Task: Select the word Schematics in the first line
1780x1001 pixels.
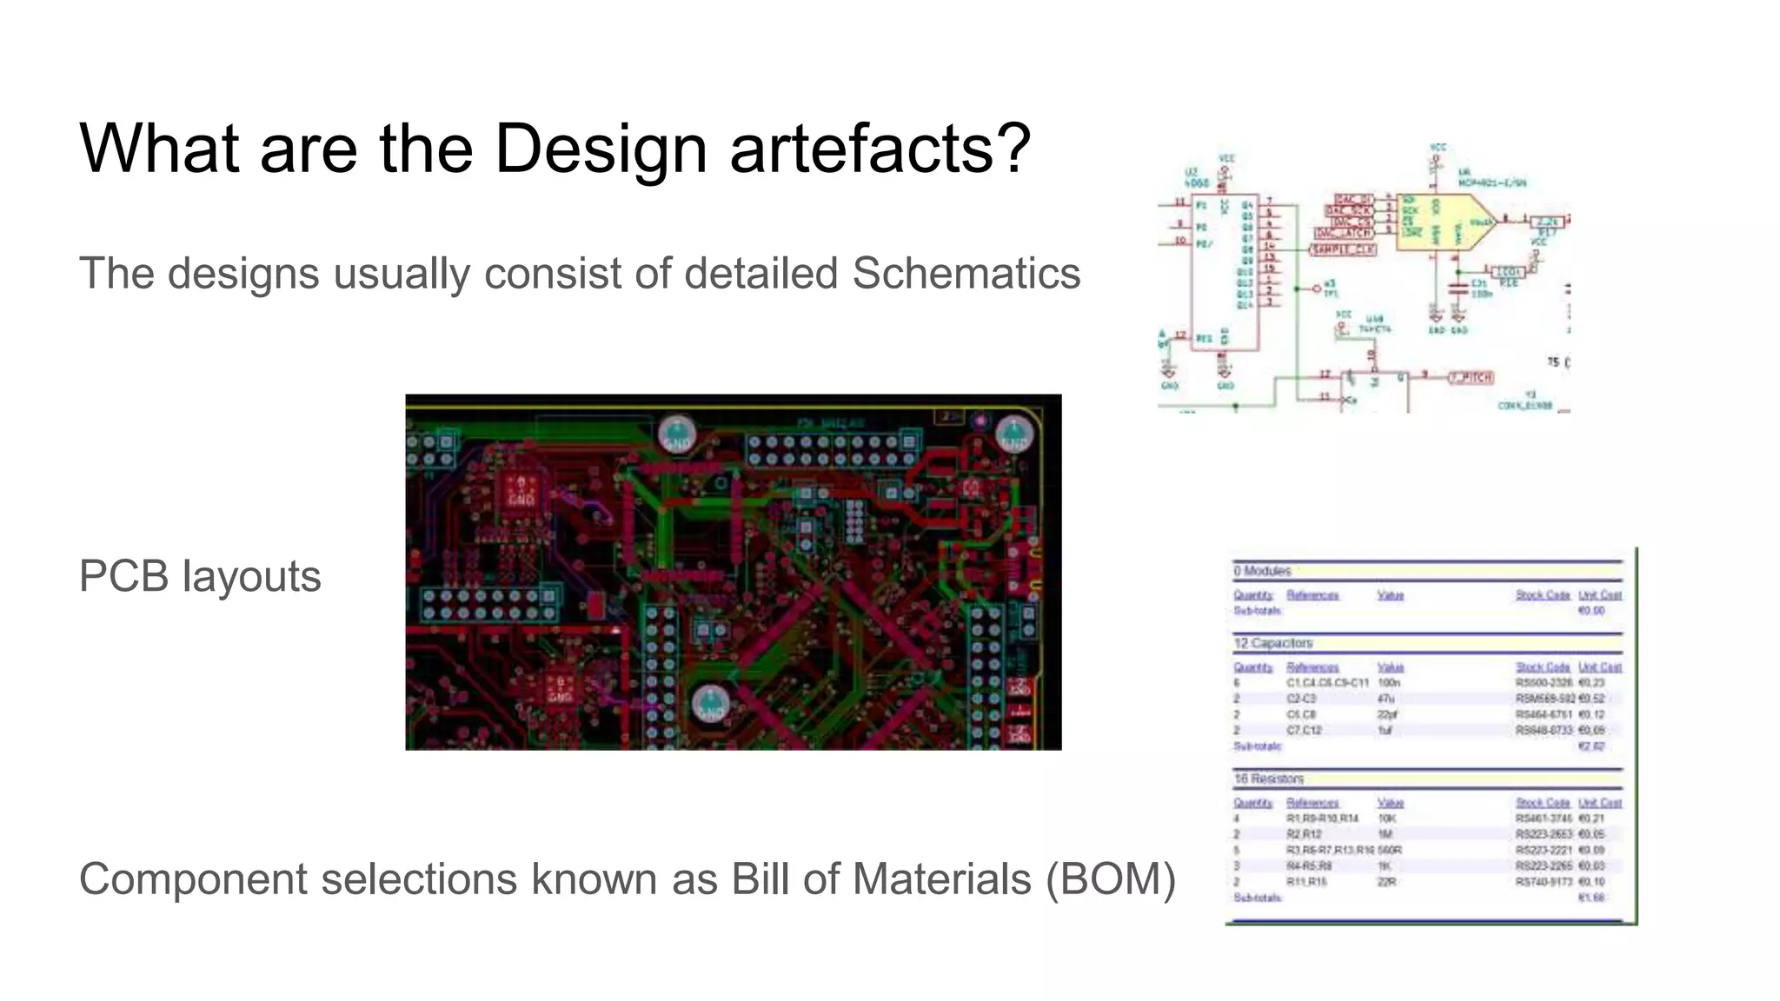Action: coord(966,274)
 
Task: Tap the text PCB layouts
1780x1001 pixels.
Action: coord(200,576)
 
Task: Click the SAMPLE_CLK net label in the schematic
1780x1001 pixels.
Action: coord(1343,249)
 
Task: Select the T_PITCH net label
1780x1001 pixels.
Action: coord(1471,377)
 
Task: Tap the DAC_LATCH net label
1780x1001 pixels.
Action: coord(1345,233)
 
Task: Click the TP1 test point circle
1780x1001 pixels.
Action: coord(1317,288)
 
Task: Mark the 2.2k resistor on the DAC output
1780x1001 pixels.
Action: coord(1547,222)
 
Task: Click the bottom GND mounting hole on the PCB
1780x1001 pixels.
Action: coord(710,704)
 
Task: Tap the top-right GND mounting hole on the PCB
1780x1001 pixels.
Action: coord(1013,434)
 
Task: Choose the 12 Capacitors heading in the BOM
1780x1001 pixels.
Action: coord(1273,643)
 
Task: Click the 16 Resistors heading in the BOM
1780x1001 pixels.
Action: coord(1269,779)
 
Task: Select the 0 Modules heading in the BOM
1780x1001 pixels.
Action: coord(1262,571)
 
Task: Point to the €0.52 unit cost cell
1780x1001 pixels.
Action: coord(1592,699)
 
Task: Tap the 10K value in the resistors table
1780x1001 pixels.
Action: coord(1387,819)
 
